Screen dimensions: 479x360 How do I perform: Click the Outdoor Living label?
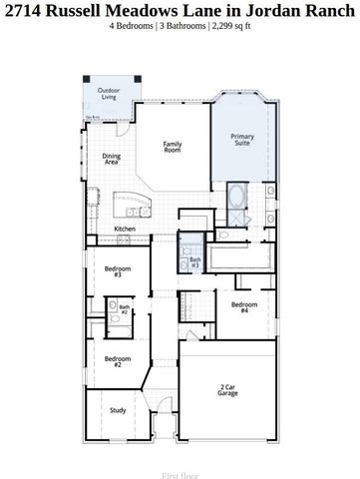click(x=107, y=95)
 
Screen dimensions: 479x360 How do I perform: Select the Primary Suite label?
click(x=242, y=139)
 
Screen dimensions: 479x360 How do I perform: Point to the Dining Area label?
click(x=110, y=157)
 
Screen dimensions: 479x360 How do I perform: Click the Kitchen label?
click(x=125, y=229)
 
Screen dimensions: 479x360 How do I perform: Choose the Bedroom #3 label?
click(x=118, y=271)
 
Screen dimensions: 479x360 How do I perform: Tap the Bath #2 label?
click(x=125, y=309)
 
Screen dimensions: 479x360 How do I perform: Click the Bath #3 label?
click(x=194, y=263)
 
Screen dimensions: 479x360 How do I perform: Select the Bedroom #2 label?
click(x=118, y=361)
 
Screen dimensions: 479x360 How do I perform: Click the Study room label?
click(x=118, y=410)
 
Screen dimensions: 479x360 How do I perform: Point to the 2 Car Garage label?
click(x=228, y=391)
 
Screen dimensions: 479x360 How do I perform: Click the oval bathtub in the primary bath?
click(x=235, y=198)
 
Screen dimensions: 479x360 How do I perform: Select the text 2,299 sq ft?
click(x=230, y=26)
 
